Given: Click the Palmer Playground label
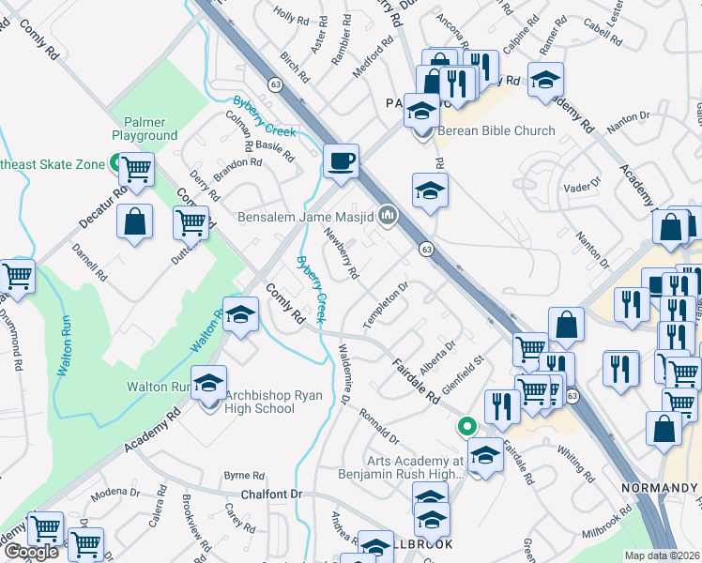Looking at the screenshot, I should point(145,129).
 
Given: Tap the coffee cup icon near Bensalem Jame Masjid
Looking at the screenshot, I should point(341,160).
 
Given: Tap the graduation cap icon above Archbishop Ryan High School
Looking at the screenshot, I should point(208,382).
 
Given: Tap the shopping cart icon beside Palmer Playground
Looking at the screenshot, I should point(137,169).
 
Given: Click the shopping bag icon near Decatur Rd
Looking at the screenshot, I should point(136,221).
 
